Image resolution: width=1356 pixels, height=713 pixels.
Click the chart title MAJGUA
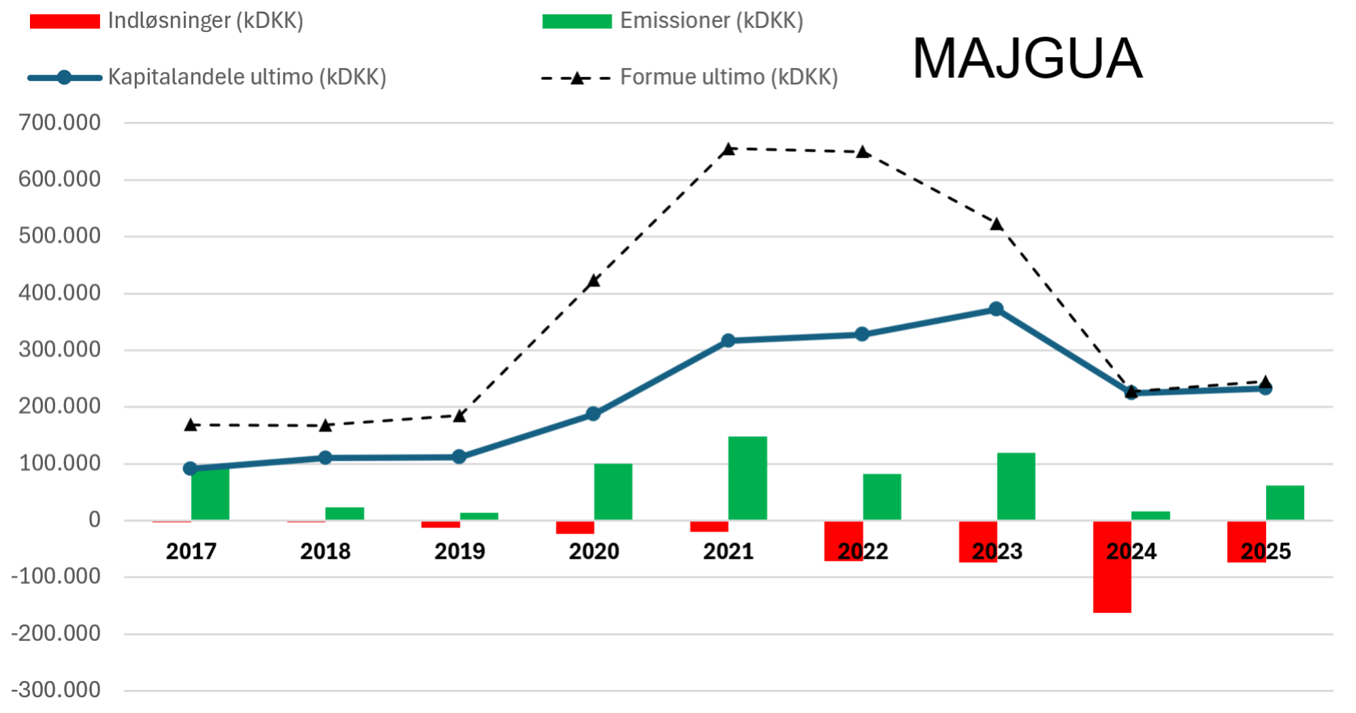click(x=1027, y=59)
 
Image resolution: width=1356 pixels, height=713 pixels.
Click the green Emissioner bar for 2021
click(x=747, y=478)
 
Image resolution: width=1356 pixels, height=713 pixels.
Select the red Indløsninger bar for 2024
click(x=1112, y=567)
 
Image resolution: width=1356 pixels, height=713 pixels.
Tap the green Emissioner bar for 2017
click(x=210, y=494)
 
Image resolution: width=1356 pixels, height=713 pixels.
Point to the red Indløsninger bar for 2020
click(x=575, y=527)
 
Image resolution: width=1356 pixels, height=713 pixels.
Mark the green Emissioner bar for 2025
click(x=1285, y=503)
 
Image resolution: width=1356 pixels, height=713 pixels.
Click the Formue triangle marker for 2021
click(x=728, y=149)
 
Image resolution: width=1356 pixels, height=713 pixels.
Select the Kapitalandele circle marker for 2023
click(x=996, y=309)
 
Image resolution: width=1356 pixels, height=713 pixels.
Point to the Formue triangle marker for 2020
click(x=594, y=281)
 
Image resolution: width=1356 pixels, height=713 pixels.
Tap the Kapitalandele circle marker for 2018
click(x=325, y=458)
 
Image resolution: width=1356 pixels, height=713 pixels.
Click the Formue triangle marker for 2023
click(x=997, y=224)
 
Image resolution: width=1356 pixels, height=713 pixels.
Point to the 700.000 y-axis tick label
click(x=60, y=123)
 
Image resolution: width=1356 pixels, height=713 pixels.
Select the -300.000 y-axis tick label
click(x=56, y=690)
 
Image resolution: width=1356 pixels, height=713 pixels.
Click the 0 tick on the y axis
click(x=95, y=520)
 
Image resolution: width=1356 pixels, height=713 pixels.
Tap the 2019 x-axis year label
click(x=459, y=551)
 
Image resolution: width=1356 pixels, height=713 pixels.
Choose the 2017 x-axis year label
click(x=191, y=551)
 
